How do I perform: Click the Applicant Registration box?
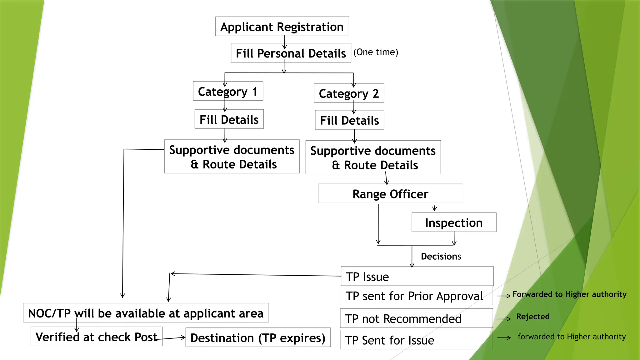coord(282,27)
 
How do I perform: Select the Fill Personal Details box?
coord(291,53)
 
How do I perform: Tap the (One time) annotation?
coord(376,52)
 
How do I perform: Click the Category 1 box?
coord(228,91)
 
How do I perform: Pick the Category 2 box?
coord(349,93)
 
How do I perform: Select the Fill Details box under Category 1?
coord(229,119)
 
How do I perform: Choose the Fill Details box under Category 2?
coord(349,120)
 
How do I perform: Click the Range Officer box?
coord(390,194)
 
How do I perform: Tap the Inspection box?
coord(454,222)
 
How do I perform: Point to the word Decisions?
coord(441,257)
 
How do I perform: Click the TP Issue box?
coord(417,276)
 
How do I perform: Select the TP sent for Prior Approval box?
coord(416,296)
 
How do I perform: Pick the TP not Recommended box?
coord(416,318)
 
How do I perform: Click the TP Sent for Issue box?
coord(416,340)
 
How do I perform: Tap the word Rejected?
coord(532,317)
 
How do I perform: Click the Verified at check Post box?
coord(96,337)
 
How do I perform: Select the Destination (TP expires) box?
coord(258,337)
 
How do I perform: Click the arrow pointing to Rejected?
coord(504,319)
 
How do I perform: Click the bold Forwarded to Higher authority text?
coord(569,294)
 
